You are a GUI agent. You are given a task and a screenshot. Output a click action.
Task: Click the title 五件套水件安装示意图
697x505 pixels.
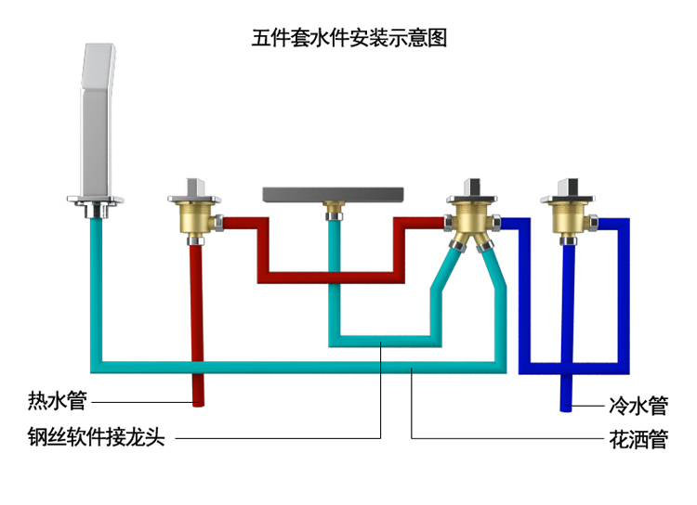click(x=349, y=39)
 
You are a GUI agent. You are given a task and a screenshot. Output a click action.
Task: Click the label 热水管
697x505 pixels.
click(x=57, y=402)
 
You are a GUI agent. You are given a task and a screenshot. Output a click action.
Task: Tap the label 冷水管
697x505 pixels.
click(x=638, y=405)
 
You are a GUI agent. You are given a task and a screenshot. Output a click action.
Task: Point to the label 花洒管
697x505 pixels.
click(x=638, y=438)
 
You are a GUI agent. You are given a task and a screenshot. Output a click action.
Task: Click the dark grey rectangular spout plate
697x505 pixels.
click(x=333, y=193)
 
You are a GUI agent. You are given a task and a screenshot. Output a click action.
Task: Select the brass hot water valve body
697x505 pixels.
click(x=196, y=220)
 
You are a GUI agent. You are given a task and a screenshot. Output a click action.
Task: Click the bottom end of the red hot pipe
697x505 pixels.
click(x=198, y=401)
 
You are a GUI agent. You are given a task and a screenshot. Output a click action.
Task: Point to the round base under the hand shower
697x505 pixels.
click(x=97, y=200)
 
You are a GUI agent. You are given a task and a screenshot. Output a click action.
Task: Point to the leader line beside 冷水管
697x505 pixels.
click(x=589, y=405)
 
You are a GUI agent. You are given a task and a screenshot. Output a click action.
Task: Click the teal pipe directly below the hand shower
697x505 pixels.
click(x=97, y=278)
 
